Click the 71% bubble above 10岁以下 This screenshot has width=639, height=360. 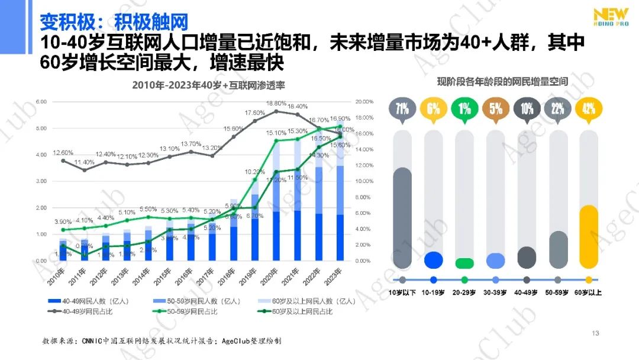click(402, 109)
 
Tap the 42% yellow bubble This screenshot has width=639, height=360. click(589, 109)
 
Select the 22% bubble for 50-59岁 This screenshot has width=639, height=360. click(558, 109)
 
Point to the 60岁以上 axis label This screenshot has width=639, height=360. click(589, 292)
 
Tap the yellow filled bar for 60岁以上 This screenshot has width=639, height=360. click(589, 237)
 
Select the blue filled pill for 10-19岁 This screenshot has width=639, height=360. click(434, 260)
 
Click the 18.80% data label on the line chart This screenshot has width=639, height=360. click(276, 103)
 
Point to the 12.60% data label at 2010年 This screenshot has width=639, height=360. click(63, 152)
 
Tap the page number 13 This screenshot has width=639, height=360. click(596, 333)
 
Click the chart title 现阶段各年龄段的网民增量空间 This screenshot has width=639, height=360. click(502, 81)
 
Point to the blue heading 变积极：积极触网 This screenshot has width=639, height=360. click(114, 22)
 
